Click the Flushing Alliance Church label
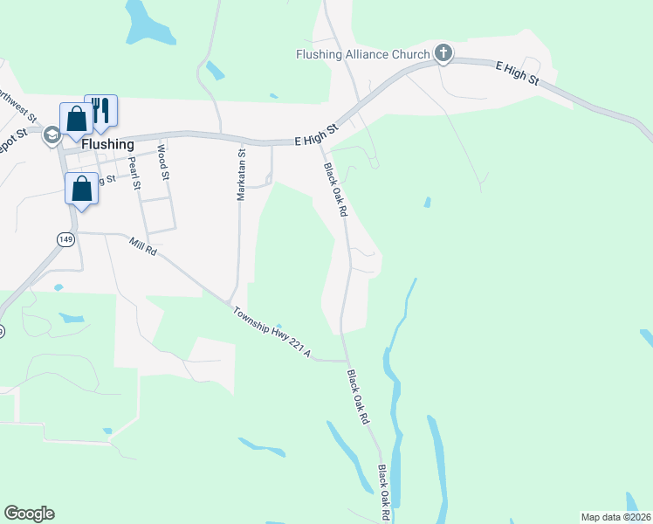tap(361, 54)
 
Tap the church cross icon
tap(443, 54)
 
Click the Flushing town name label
tap(107, 144)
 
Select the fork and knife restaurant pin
tap(100, 110)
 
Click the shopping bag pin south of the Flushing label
tap(82, 189)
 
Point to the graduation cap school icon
tap(52, 134)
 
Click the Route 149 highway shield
tap(65, 238)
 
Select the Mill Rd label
tap(141, 247)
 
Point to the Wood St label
tap(162, 162)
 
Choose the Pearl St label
tap(134, 173)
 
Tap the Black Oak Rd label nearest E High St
tap(336, 189)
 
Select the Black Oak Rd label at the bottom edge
tap(384, 493)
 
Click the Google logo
tap(29, 514)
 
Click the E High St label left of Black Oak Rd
tap(316, 134)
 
